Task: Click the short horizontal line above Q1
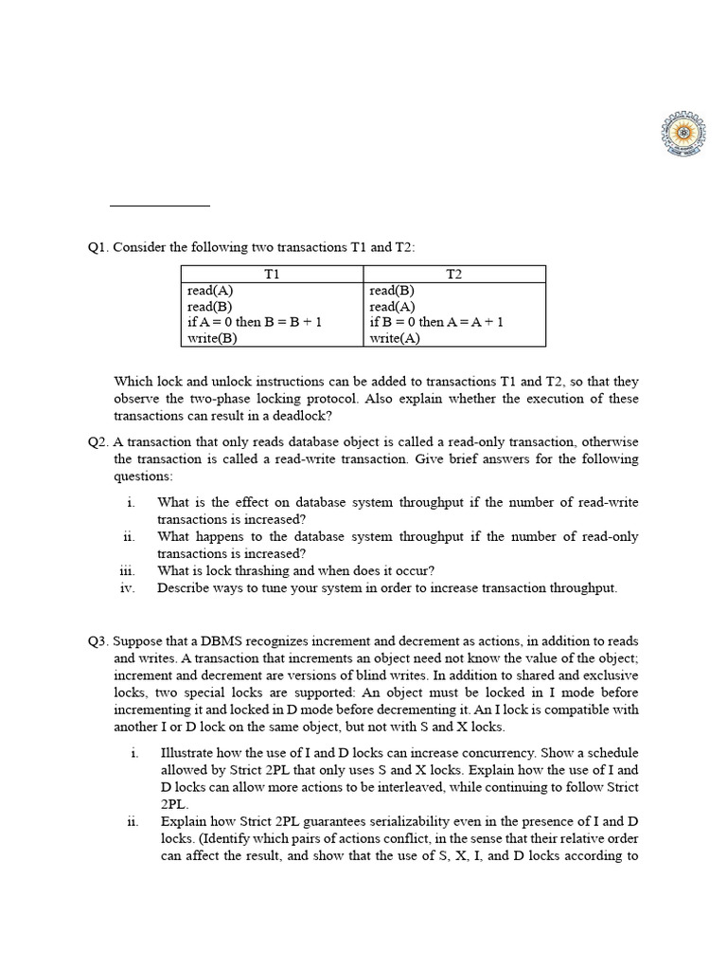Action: point(159,205)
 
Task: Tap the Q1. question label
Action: point(98,247)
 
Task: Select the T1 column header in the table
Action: point(273,274)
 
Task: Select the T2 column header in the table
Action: point(454,274)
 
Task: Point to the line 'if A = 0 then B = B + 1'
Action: point(255,322)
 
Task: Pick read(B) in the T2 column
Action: point(392,291)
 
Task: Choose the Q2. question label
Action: point(98,442)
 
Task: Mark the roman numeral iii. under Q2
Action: point(129,571)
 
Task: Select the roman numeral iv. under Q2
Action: point(129,588)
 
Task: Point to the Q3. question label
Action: point(98,641)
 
